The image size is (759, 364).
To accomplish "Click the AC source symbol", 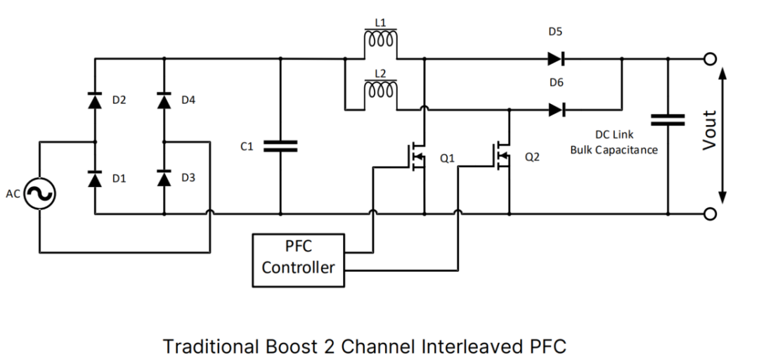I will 39,194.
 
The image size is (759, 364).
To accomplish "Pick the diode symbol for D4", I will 164,101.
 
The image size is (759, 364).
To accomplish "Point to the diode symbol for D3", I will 164,180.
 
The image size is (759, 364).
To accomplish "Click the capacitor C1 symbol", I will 280,145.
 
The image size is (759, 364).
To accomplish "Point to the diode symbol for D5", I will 557,59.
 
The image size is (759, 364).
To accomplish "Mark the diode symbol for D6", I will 557,110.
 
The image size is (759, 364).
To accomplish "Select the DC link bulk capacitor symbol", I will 667,120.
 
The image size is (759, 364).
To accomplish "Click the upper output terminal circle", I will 711,59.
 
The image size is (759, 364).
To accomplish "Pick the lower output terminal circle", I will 711,214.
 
